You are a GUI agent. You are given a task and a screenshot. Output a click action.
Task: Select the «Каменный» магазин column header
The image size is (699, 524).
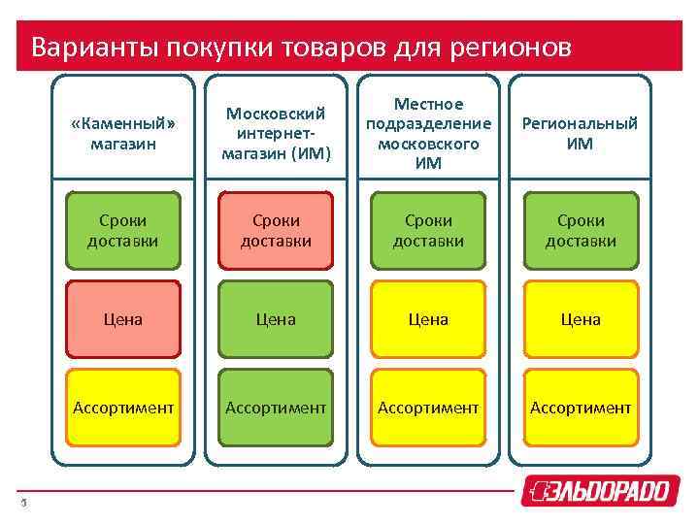pyautogui.click(x=123, y=134)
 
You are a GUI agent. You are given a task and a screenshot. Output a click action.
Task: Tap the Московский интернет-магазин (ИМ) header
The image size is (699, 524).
pyautogui.click(x=276, y=134)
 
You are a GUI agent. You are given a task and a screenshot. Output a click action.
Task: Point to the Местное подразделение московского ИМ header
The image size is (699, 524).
pyautogui.click(x=428, y=134)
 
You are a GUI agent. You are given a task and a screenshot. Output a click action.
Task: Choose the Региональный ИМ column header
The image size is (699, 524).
pyautogui.click(x=580, y=134)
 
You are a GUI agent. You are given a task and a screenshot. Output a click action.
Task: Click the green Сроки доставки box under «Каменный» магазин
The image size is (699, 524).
pyautogui.click(x=123, y=230)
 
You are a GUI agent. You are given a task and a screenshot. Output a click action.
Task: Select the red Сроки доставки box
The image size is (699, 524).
pyautogui.click(x=276, y=230)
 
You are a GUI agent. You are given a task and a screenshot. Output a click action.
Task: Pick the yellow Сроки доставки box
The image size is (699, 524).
pyautogui.click(x=428, y=230)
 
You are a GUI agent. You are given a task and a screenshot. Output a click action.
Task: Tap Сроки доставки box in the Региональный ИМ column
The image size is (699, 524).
pyautogui.click(x=580, y=230)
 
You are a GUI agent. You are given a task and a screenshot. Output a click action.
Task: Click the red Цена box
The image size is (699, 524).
pyautogui.click(x=123, y=318)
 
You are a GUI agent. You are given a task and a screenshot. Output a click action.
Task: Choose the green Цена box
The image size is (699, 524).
pyautogui.click(x=276, y=318)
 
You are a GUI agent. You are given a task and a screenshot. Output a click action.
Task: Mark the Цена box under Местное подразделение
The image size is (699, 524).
pyautogui.click(x=428, y=318)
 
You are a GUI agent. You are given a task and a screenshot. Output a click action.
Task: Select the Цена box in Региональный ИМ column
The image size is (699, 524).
pyautogui.click(x=580, y=318)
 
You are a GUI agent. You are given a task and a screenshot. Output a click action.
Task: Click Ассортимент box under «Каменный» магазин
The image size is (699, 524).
pyautogui.click(x=123, y=408)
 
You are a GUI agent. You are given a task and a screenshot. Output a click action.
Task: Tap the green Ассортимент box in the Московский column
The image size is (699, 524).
pyautogui.click(x=276, y=408)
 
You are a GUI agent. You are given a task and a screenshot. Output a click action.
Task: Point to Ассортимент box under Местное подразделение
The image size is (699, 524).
pyautogui.click(x=428, y=408)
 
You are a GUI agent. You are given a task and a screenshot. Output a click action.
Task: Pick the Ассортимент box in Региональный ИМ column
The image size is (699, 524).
pyautogui.click(x=580, y=408)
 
